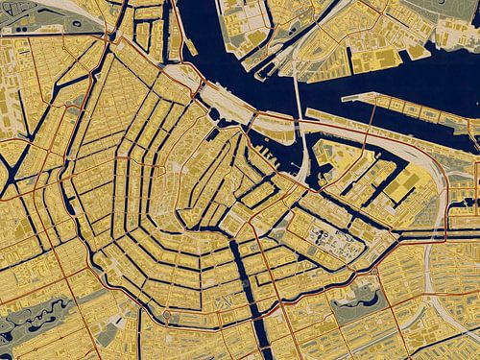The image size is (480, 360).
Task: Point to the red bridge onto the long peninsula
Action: [373, 115]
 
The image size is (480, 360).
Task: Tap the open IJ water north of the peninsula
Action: [403, 82]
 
